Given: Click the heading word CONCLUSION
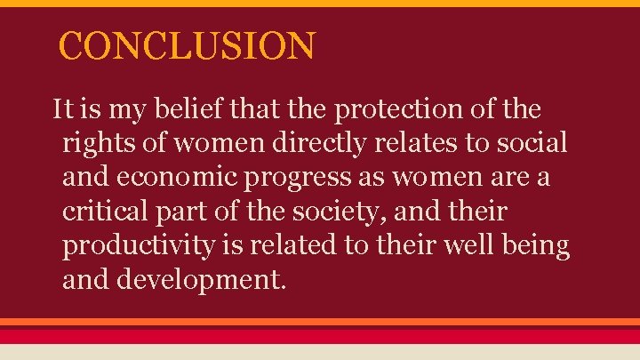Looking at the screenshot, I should coord(187,46).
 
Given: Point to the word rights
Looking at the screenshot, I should coord(94,144).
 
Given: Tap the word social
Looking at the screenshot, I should coord(536,144).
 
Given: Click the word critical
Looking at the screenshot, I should coord(100,212).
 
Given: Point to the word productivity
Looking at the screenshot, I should coord(138,246).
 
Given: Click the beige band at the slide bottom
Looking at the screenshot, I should coord(320,352).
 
